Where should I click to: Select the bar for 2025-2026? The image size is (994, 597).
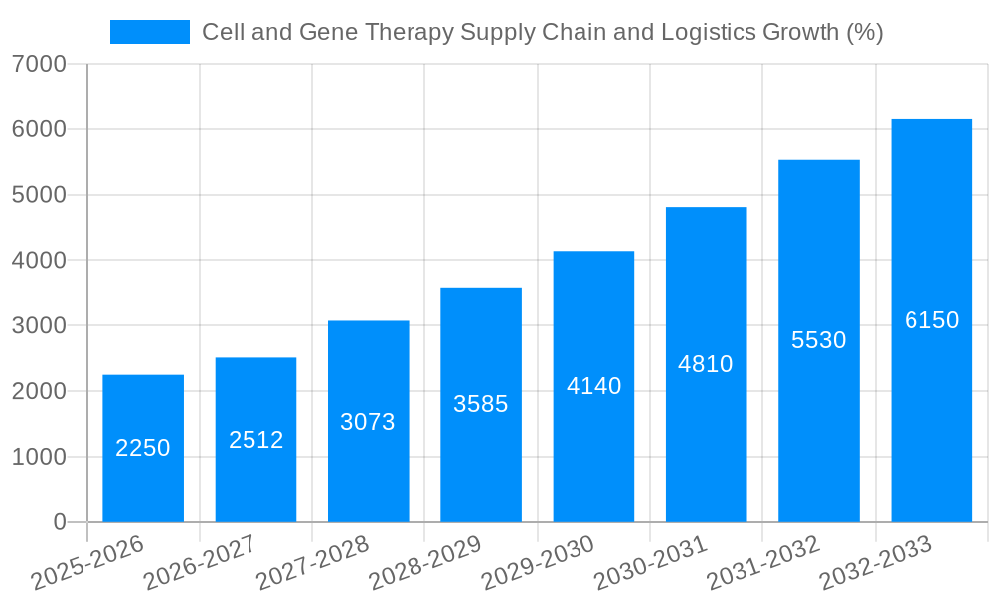(143, 448)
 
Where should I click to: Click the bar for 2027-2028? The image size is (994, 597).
(368, 421)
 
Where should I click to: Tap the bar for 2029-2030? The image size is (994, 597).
(593, 386)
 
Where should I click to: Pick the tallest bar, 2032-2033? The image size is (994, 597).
(931, 320)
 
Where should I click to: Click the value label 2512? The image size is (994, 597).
(256, 440)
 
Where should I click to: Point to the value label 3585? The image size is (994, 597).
(481, 404)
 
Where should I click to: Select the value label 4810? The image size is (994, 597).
(706, 364)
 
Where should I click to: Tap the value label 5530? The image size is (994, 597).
(818, 340)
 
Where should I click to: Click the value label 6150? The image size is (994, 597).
(931, 320)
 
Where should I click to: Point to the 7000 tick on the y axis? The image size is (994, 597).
(40, 65)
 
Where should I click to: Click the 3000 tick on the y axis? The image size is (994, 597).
(40, 326)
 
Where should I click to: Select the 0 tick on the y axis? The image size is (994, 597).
(59, 522)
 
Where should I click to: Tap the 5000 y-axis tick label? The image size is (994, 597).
(40, 195)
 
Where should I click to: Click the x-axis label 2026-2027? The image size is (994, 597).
(200, 563)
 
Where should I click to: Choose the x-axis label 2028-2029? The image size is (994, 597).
(425, 563)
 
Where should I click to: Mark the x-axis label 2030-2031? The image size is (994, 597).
(651, 563)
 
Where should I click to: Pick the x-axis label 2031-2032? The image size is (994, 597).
(763, 563)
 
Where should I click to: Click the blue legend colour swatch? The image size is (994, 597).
(150, 32)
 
